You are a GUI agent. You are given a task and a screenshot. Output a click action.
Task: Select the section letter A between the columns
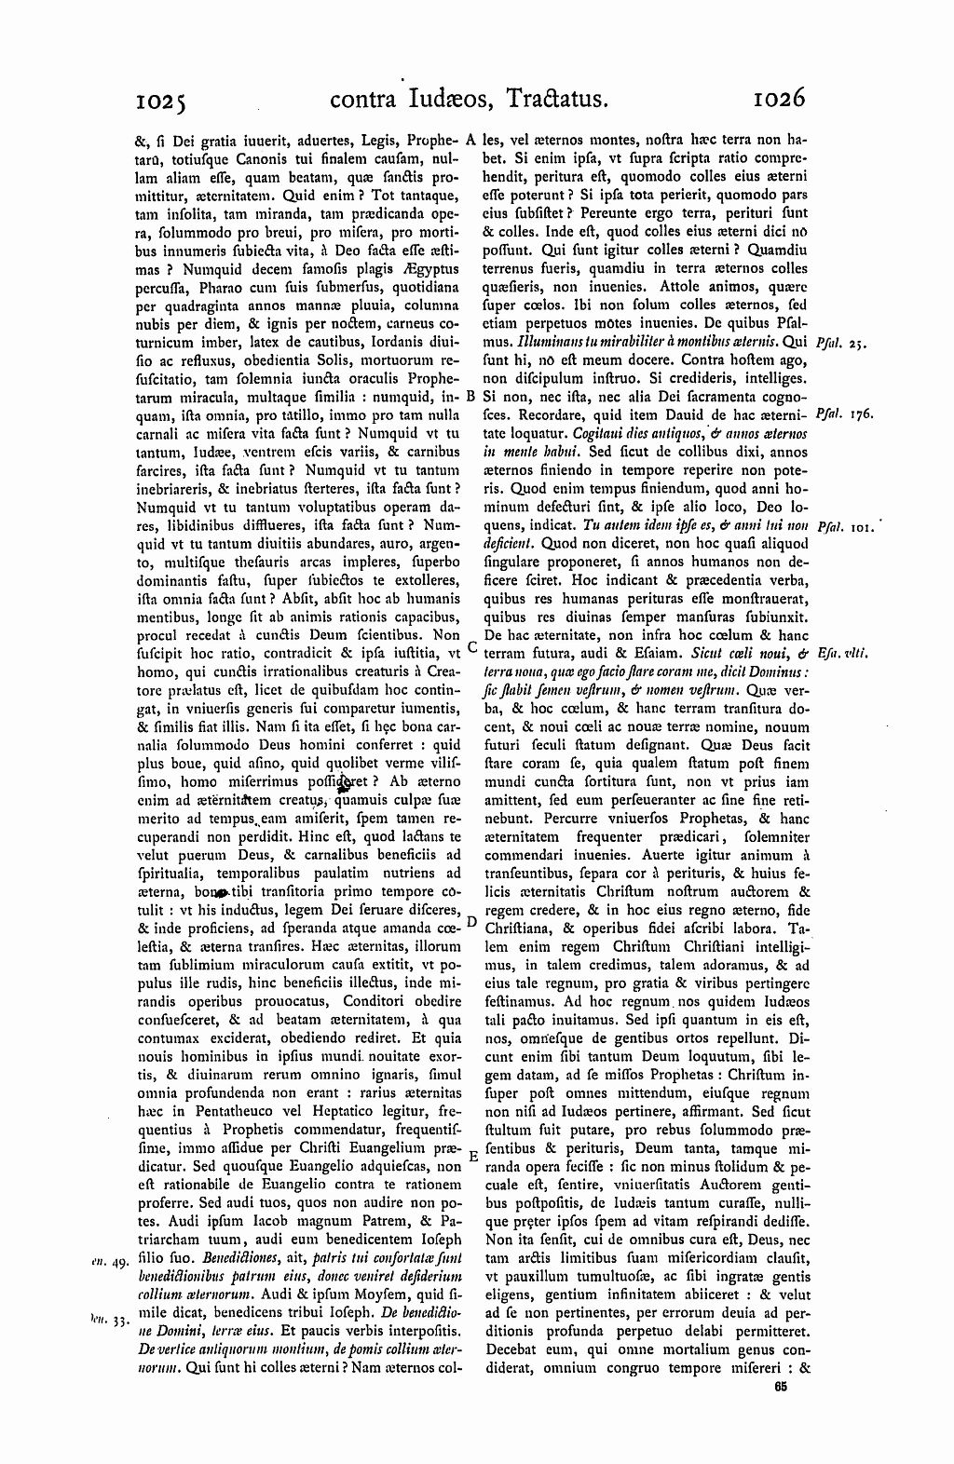[471, 139]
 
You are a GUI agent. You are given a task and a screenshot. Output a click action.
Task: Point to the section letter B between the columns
[471, 395]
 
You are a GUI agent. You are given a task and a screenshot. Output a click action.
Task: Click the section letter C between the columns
[471, 645]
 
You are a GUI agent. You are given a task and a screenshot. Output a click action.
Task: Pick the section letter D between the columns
[471, 922]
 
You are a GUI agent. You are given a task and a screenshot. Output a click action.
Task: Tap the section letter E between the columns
[471, 1156]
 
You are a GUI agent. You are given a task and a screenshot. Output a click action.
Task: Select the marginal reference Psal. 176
[844, 413]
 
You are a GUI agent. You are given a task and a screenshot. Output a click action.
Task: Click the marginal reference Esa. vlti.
[844, 654]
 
